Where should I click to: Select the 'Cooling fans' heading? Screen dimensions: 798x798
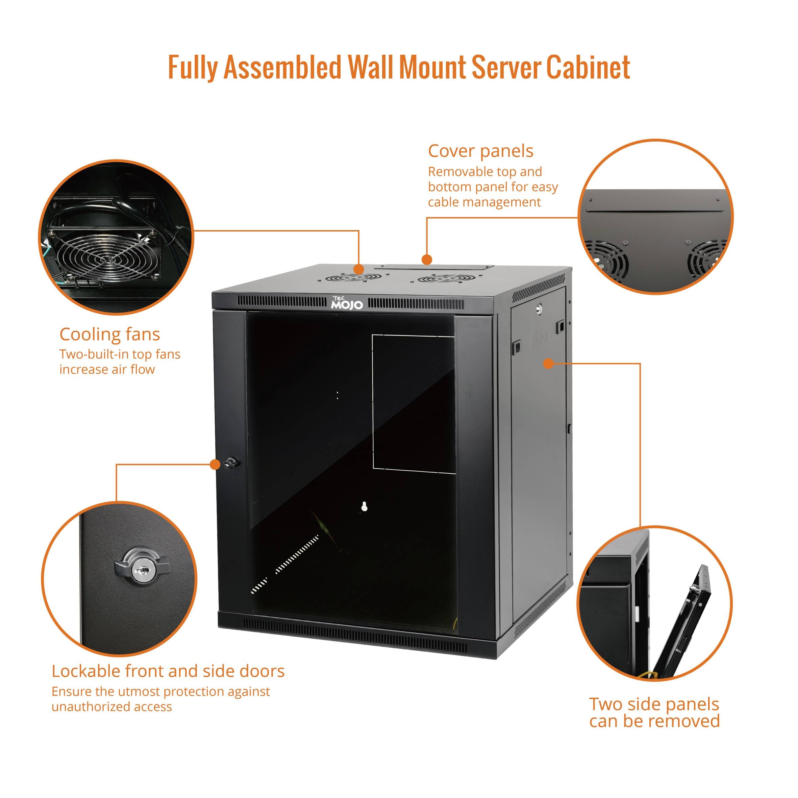tap(109, 334)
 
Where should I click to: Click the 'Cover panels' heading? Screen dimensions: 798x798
tap(480, 151)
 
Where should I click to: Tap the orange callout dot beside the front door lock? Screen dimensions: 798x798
tap(215, 464)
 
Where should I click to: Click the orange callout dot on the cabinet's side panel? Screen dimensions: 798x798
tap(548, 364)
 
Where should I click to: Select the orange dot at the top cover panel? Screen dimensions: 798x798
tap(427, 259)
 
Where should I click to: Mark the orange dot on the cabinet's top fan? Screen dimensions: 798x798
tap(358, 269)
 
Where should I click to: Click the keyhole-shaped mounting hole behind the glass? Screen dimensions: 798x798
tap(364, 507)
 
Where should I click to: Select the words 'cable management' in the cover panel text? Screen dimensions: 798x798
tap(484, 202)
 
